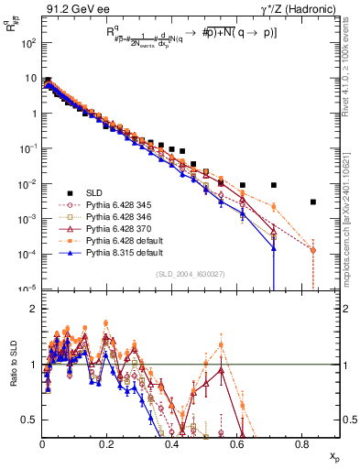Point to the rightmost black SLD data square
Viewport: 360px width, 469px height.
[x=313, y=202]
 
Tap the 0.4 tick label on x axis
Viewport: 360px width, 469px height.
[x=172, y=443]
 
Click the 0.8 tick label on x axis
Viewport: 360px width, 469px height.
[x=302, y=443]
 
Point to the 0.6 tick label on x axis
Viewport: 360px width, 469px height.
[x=237, y=443]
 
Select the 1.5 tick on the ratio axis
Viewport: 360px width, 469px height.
[x=33, y=336]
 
